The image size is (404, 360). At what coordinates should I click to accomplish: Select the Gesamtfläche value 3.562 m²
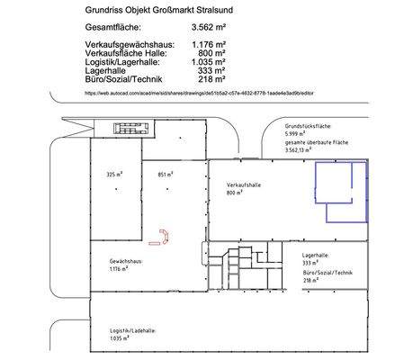(211, 30)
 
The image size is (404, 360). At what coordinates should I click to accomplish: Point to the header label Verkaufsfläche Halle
(127, 53)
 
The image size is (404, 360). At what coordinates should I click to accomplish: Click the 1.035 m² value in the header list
(208, 61)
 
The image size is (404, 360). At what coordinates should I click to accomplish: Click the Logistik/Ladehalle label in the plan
(127, 331)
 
